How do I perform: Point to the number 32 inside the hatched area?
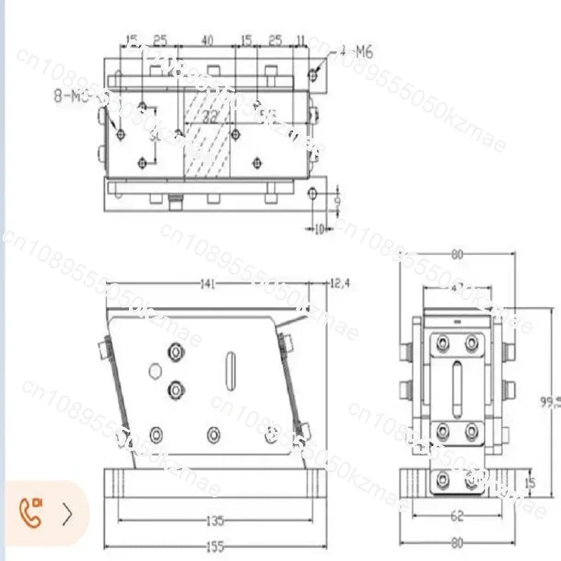209,117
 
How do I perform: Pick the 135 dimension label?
215,520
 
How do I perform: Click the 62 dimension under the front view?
457,517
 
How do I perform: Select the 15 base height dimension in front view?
530,482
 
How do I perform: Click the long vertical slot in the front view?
457,388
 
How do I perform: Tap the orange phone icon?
31,513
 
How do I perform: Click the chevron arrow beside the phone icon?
67,514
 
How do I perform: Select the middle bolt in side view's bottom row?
212,435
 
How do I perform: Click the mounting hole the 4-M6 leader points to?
313,73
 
